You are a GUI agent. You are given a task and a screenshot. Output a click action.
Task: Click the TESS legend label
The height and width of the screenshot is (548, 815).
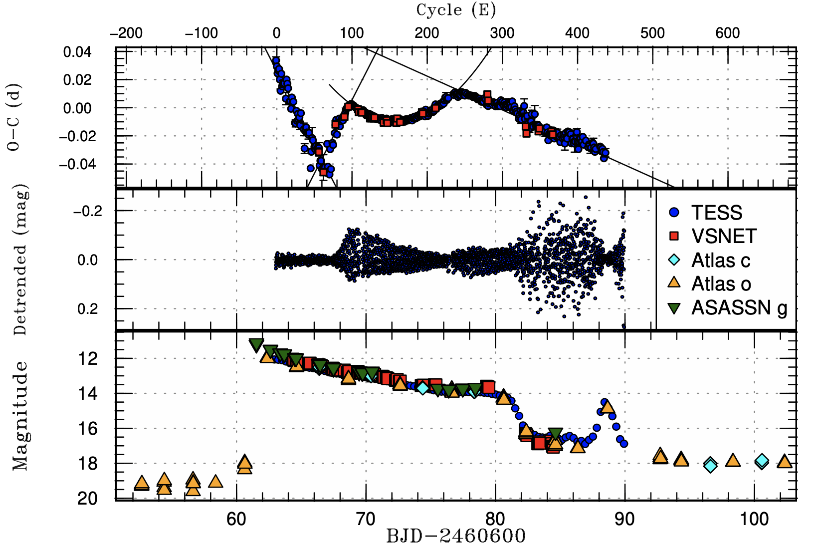click(716, 213)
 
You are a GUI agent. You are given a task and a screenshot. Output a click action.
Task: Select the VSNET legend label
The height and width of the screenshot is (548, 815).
click(724, 236)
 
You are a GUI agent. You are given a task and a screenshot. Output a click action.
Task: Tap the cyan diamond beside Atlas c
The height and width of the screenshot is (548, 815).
click(674, 260)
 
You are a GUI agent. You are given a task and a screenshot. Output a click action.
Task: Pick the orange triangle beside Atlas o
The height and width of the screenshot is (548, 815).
click(674, 283)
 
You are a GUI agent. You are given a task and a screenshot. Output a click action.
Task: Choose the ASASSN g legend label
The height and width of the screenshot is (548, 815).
click(739, 307)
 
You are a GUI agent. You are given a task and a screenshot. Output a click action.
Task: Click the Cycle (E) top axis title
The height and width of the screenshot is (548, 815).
click(456, 9)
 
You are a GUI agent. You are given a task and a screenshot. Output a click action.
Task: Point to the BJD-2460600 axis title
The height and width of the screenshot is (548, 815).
click(456, 537)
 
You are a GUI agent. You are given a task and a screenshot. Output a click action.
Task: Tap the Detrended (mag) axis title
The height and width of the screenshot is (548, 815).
click(20, 260)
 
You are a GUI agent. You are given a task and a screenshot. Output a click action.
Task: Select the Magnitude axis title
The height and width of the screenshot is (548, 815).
click(20, 415)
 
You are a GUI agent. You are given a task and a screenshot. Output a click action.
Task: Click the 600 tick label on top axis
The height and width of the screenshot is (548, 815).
click(727, 33)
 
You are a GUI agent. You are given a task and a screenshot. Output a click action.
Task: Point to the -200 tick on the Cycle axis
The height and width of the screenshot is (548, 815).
click(126, 33)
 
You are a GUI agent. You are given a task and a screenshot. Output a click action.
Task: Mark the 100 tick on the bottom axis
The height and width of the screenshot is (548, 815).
click(754, 519)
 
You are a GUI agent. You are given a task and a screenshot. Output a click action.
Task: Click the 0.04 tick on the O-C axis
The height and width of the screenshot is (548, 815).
click(77, 52)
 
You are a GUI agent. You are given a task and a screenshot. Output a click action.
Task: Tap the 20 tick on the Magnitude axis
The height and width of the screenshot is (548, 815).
click(87, 498)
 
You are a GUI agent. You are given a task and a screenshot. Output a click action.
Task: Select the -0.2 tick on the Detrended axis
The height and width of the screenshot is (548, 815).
click(88, 211)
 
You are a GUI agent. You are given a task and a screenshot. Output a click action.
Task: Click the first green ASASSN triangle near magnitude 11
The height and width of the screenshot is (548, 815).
click(256, 344)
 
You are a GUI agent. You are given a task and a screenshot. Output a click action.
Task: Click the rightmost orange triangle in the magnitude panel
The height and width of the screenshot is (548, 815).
click(784, 461)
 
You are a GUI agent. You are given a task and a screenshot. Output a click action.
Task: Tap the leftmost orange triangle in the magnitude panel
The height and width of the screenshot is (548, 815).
click(142, 483)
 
